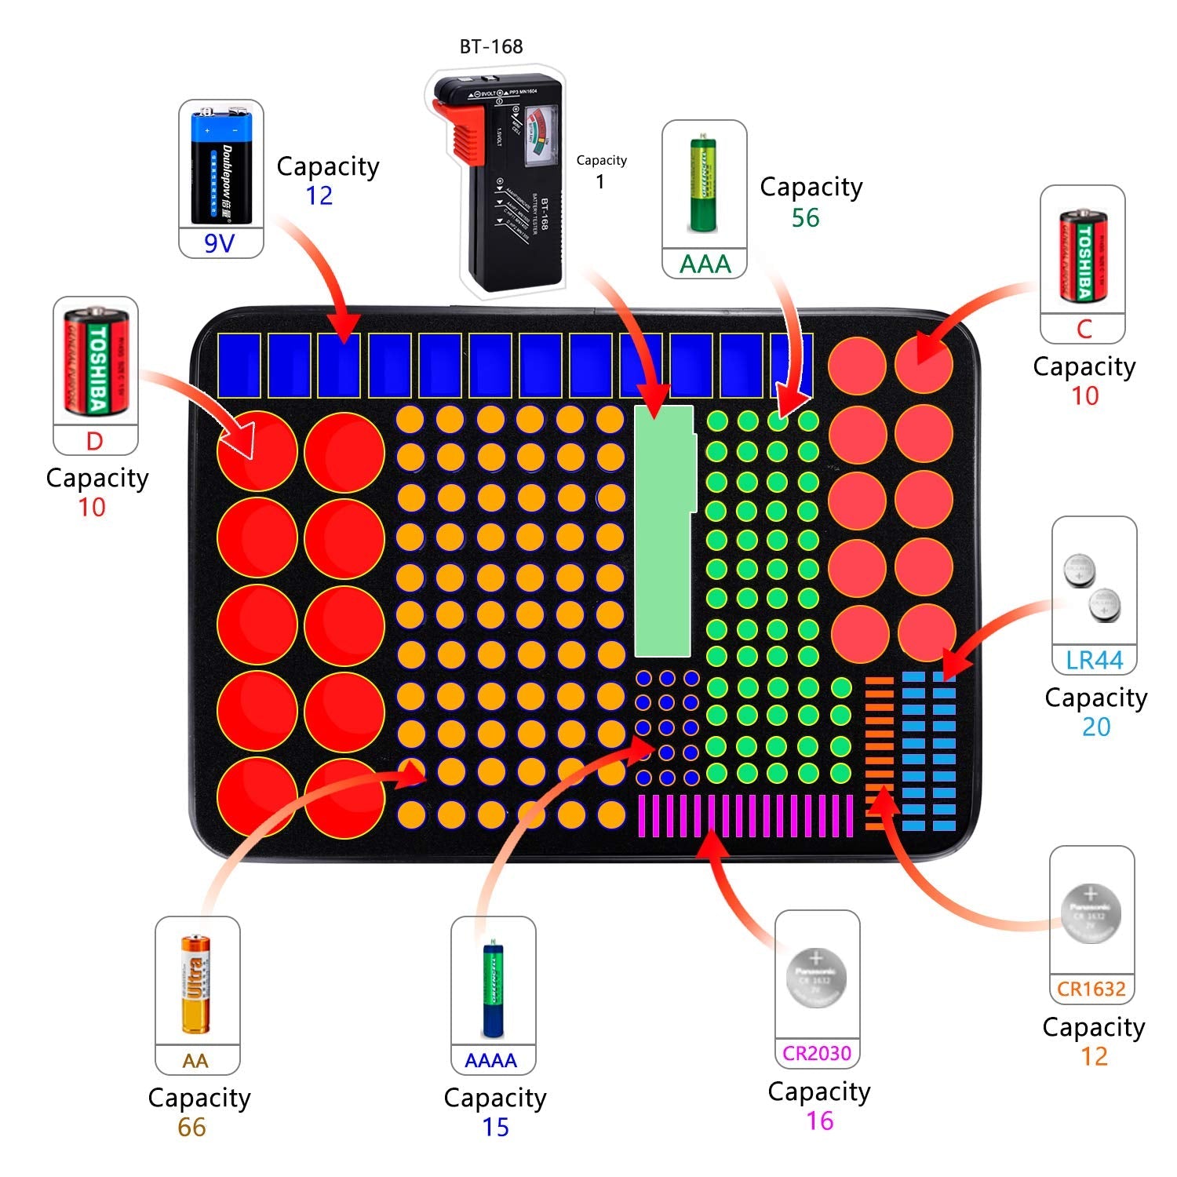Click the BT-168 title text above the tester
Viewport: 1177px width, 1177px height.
pos(491,47)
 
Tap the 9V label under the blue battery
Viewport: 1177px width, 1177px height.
pos(220,243)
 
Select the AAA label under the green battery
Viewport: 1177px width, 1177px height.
pos(705,264)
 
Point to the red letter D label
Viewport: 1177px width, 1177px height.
pos(94,441)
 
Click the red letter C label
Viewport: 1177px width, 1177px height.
pos(1084,329)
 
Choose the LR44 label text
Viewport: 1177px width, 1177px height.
pos(1094,661)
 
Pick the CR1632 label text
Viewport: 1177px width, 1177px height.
pos(1091,989)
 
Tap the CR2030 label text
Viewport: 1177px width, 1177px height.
pos(817,1054)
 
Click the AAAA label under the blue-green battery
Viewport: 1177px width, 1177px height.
pos(491,1061)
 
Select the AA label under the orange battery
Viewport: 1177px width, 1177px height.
pos(195,1062)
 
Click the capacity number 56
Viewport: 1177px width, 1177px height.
pos(806,218)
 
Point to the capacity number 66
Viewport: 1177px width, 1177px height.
pos(191,1128)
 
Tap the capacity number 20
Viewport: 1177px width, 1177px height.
pos(1096,727)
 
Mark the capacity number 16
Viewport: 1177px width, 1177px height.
pos(820,1121)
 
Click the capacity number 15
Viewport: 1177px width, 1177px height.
pos(495,1128)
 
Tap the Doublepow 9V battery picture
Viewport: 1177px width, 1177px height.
pos(220,165)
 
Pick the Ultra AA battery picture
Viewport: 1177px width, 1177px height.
pos(196,984)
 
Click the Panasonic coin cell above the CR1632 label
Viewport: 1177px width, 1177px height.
pos(1091,913)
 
